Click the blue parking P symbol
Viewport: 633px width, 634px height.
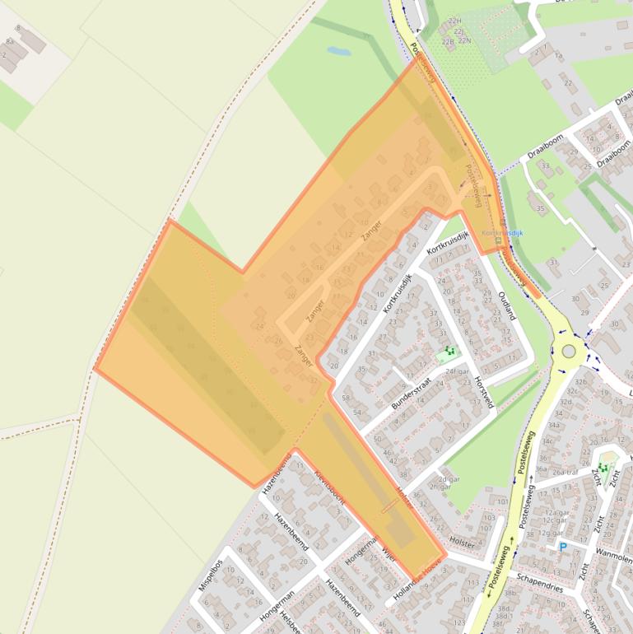click(x=562, y=547)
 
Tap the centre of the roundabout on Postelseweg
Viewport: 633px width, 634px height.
click(x=568, y=352)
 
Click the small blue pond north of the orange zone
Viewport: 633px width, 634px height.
click(x=338, y=51)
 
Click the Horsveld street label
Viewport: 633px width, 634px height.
click(x=483, y=392)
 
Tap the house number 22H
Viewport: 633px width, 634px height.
click(x=453, y=21)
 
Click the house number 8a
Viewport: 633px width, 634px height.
click(x=10, y=40)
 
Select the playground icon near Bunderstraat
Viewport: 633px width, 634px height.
click(x=447, y=353)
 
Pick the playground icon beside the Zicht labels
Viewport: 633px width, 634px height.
click(x=605, y=468)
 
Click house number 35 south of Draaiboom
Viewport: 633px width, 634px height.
click(x=540, y=208)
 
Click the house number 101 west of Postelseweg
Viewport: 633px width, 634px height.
click(x=502, y=501)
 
